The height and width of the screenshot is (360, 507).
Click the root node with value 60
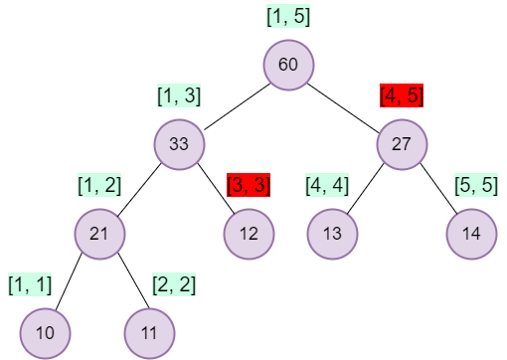[288, 65]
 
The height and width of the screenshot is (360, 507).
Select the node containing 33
[179, 144]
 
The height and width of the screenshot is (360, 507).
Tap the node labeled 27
[402, 144]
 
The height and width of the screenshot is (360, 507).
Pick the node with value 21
[99, 234]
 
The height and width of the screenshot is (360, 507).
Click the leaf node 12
[249, 234]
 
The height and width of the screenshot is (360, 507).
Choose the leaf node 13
[331, 234]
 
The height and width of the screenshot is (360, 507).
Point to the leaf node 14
[471, 234]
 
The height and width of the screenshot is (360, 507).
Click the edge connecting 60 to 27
[345, 104]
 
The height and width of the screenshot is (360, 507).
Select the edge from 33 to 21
[139, 189]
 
